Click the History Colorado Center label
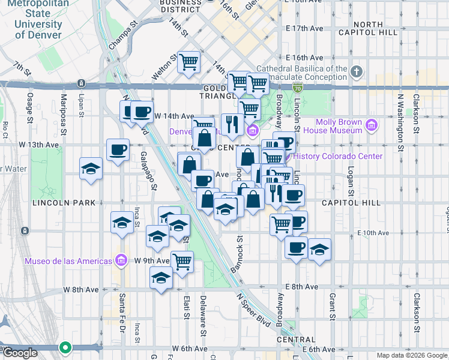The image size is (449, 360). [338, 156]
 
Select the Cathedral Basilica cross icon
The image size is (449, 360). [357, 73]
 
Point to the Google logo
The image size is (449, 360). [19, 353]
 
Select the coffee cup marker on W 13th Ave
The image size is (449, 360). [118, 149]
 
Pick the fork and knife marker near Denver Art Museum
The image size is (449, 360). [232, 124]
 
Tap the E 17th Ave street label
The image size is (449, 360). [306, 28]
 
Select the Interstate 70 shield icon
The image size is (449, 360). [297, 88]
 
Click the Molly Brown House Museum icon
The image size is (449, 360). [372, 125]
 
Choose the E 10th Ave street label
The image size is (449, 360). [373, 233]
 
